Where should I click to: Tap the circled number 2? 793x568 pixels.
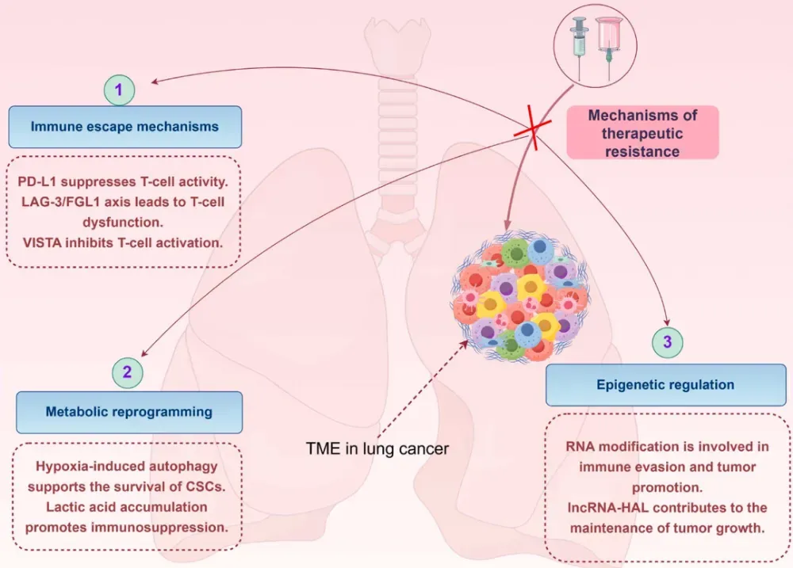click(127, 371)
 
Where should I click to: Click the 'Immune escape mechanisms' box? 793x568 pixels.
click(125, 126)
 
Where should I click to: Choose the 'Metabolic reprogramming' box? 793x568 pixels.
click(128, 411)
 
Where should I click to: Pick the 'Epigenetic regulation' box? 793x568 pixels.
click(665, 385)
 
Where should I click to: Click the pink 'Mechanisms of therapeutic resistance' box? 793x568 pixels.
click(642, 132)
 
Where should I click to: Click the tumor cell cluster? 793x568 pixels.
click(523, 297)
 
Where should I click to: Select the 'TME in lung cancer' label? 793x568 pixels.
click(377, 448)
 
